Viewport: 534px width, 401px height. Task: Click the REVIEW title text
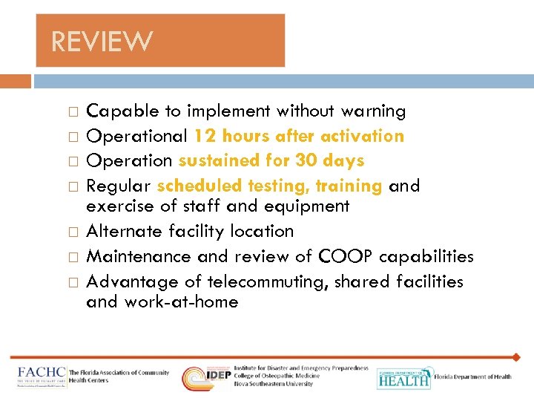pyautogui.click(x=102, y=41)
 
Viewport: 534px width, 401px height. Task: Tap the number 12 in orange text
pyautogui.click(x=204, y=136)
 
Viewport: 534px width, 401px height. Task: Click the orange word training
pyautogui.click(x=352, y=185)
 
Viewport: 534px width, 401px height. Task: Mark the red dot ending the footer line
pyautogui.click(x=516, y=357)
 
